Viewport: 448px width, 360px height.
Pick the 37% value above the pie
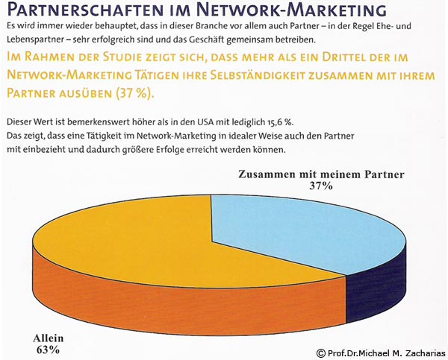tap(320, 186)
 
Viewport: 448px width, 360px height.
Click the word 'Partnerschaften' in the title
tap(82, 10)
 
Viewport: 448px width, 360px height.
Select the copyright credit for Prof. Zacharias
tap(380, 353)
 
